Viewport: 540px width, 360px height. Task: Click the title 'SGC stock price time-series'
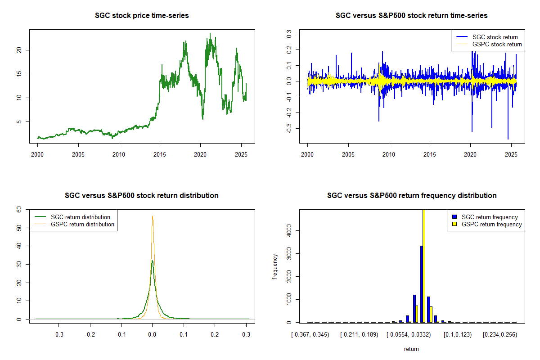[x=142, y=16]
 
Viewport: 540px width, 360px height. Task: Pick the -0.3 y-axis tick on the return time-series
[x=288, y=129]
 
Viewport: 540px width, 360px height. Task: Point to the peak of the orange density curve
[x=153, y=216]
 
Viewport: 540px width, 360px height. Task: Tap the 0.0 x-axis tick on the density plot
[x=153, y=335]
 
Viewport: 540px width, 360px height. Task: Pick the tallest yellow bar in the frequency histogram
[x=424, y=265]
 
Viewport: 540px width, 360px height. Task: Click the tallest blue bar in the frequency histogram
[x=421, y=283]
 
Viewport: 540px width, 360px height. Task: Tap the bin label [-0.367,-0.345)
[x=310, y=335]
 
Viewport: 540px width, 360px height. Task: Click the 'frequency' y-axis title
[x=275, y=266]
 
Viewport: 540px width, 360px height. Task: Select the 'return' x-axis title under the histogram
[x=411, y=349]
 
